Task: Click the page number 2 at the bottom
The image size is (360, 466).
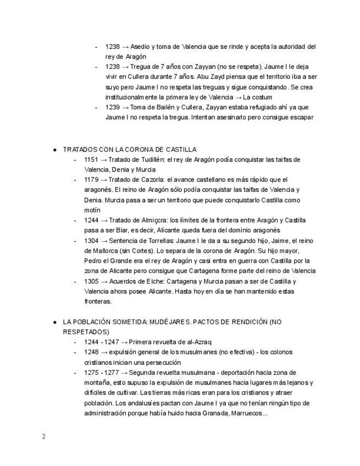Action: coord(43,437)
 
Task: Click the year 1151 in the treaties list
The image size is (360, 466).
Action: coord(91,159)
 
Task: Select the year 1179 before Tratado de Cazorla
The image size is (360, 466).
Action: coord(91,180)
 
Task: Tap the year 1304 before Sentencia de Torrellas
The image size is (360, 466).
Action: coord(91,241)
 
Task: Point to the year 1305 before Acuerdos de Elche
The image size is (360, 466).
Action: coord(91,281)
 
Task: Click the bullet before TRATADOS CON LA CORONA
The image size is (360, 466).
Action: coord(55,149)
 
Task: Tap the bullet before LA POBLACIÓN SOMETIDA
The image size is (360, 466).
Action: coord(55,322)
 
